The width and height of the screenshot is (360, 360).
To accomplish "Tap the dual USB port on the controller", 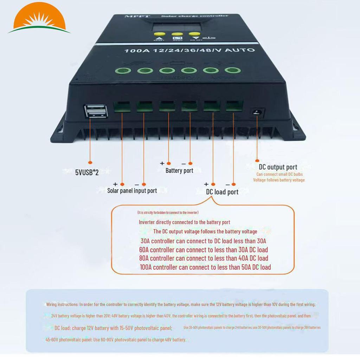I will (x=95, y=111).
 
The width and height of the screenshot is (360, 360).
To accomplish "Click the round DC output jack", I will (x=257, y=113).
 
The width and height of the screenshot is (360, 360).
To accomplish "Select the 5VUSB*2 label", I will (x=86, y=173).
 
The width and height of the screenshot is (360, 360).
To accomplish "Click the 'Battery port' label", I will (x=179, y=171).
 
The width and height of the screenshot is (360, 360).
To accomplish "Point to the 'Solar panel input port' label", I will (x=132, y=191).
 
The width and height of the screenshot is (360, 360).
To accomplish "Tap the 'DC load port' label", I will (x=222, y=192).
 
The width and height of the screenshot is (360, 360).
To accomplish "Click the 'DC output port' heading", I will (x=278, y=167).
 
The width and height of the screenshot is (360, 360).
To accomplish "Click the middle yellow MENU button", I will (x=176, y=35).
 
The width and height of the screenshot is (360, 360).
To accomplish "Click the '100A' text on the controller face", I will (x=133, y=51).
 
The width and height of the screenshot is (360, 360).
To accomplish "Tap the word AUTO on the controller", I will (x=240, y=50).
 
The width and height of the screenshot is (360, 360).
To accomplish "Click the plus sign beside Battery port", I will (x=162, y=163).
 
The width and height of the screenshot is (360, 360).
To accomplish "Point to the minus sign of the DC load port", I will (x=227, y=184).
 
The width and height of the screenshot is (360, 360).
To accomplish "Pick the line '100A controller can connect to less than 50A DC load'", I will (x=205, y=267).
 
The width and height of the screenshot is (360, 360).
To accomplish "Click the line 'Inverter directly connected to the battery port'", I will (x=185, y=222).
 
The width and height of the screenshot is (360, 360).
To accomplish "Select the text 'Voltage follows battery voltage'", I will (x=279, y=180).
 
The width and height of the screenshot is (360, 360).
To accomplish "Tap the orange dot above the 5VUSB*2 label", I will (x=90, y=162).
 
